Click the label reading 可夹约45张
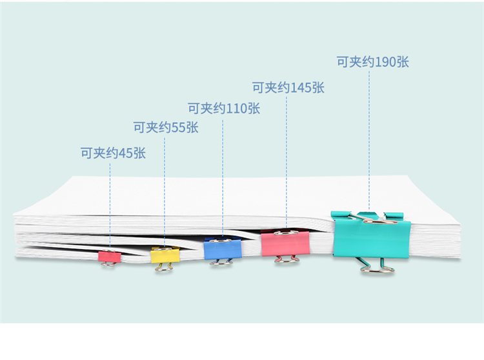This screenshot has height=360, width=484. point(113,153)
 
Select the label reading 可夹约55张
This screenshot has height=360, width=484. point(166,127)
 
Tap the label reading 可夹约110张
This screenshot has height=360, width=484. point(224,108)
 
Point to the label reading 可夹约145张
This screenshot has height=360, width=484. point(288,88)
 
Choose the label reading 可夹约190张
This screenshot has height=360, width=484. point(373,62)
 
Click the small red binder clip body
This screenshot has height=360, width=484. point(110,256)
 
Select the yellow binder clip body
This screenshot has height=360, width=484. point(165,255)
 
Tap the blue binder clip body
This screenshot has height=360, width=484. point(223,249)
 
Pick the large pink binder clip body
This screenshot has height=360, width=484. point(285,244)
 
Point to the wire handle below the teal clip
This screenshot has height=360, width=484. point(378,270)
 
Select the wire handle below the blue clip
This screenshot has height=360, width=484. point(221,263)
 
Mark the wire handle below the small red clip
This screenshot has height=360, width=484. point(108,264)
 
